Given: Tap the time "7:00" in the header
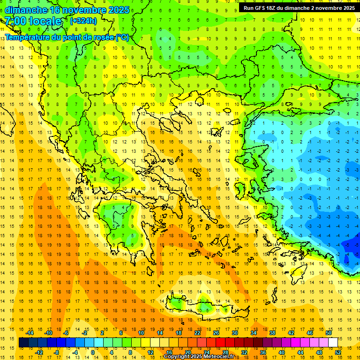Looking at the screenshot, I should pyautogui.click(x=15, y=21).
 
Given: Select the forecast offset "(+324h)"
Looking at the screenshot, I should pyautogui.click(x=83, y=21).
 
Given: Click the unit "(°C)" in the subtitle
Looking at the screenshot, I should pyautogui.click(x=122, y=37).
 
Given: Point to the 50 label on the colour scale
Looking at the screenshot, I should pyautogui.click(x=328, y=333).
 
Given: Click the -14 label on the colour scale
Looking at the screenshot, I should pyautogui.click(x=30, y=333).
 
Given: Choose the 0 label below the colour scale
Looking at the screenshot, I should pyautogui.click(x=93, y=352).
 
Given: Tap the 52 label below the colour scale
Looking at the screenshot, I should pyautogui.click(x=338, y=352).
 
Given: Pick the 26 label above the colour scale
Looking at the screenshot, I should pyautogui.click(x=216, y=333).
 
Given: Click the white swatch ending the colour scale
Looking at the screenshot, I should pyautogui.click(x=333, y=343).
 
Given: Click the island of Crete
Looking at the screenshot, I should pyautogui.click(x=206, y=307).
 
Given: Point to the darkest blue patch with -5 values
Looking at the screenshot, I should pyautogui.click(x=349, y=245).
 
